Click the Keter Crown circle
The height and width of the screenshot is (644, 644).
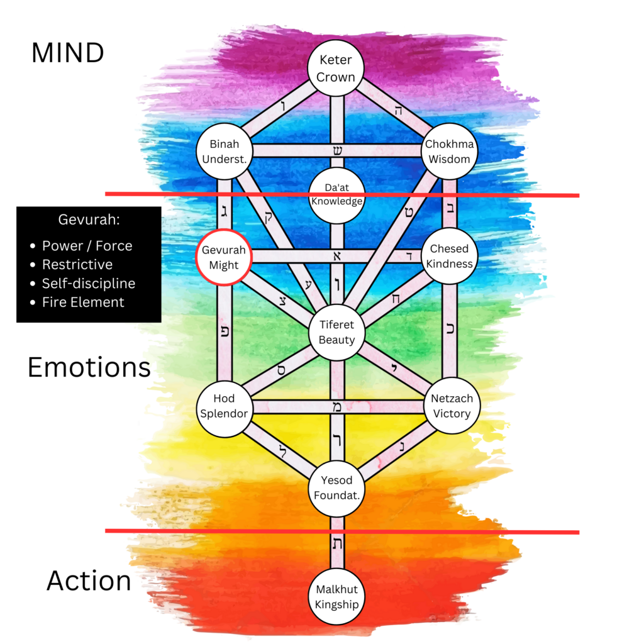point(336,69)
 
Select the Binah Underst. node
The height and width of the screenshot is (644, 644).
point(225,152)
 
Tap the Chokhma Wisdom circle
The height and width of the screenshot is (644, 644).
point(449,152)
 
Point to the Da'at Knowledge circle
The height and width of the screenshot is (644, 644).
point(336,195)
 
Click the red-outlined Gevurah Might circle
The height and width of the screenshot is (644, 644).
point(224,257)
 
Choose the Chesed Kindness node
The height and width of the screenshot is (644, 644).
point(449,257)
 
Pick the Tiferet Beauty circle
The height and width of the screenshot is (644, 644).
point(336,332)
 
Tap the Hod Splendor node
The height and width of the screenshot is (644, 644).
point(224,406)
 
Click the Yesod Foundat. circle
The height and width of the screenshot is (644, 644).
point(336,488)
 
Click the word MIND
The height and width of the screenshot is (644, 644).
point(67,53)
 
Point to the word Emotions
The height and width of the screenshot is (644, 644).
point(89,367)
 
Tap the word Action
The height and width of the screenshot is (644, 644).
point(89,580)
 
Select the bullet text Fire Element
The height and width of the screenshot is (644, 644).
point(83,302)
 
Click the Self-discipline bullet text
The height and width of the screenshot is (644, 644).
point(88,283)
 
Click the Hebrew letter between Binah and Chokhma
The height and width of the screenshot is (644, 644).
point(337,151)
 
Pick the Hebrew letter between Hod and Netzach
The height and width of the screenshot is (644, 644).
point(337,407)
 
